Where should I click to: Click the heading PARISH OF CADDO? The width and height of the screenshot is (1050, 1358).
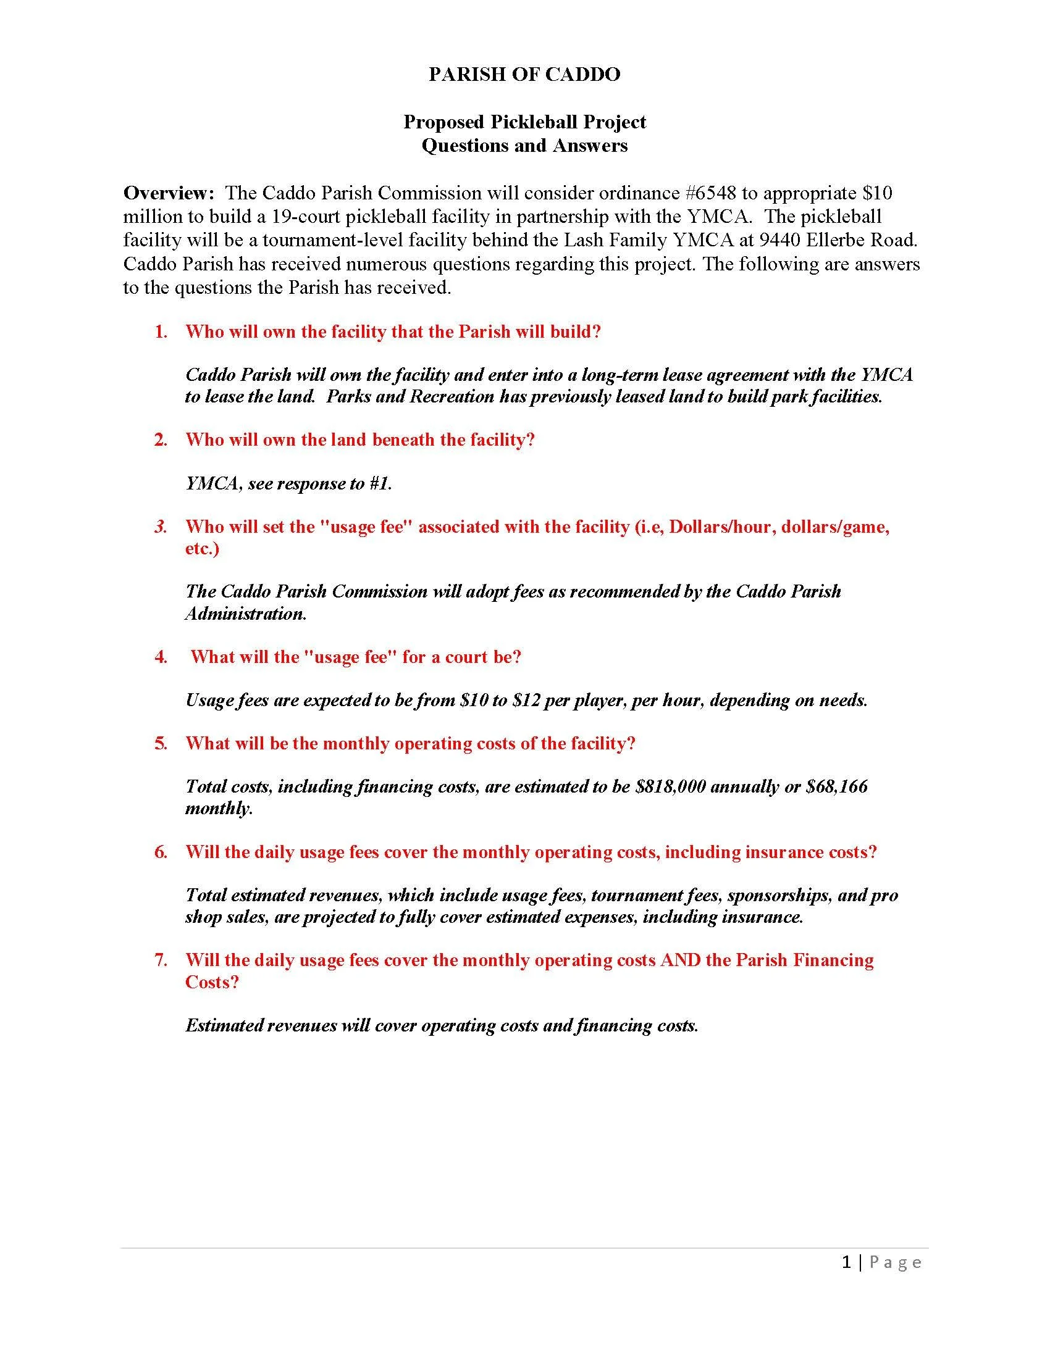coord(524,74)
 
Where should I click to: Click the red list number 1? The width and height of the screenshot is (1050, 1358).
coord(161,331)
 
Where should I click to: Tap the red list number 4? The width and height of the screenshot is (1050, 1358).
coord(161,657)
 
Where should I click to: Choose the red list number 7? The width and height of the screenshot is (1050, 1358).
coord(161,960)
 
